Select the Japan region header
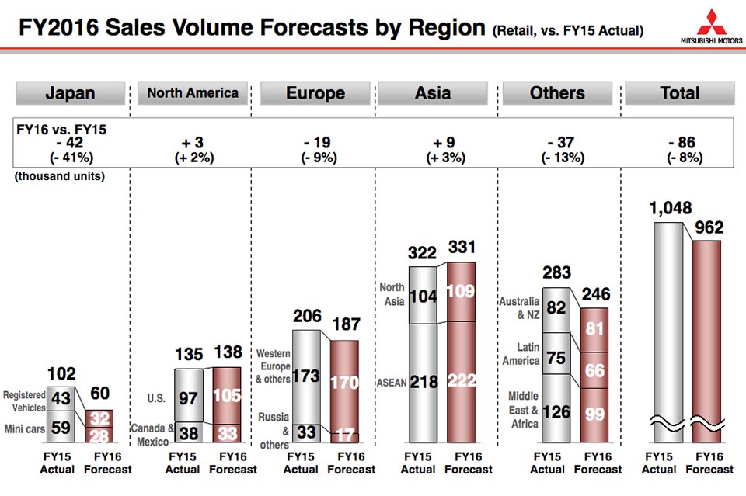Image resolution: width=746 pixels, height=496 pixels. [70, 93]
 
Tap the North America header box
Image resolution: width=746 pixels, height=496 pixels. [193, 93]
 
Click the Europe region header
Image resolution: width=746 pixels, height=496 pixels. [315, 93]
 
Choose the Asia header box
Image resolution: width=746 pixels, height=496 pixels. [433, 93]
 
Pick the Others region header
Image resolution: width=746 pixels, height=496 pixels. [557, 93]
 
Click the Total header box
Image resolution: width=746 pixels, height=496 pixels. [680, 93]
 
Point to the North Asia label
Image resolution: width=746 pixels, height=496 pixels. [392, 293]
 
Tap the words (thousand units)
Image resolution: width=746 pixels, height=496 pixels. [59, 176]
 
